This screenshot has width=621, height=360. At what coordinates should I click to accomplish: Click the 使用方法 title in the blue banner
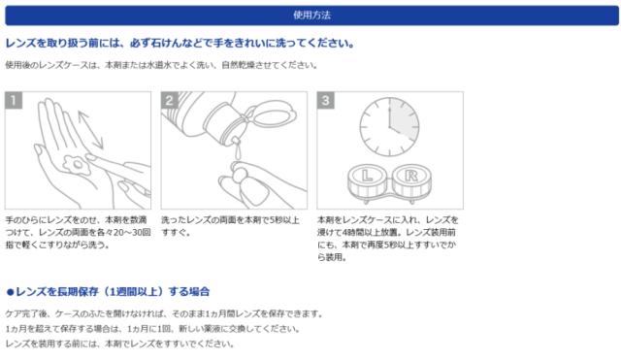(x=311, y=16)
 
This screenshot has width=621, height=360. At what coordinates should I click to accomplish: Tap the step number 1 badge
(x=14, y=100)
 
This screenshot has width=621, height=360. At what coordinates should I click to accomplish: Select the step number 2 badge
(x=170, y=100)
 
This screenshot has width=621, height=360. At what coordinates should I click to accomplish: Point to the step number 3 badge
(x=326, y=100)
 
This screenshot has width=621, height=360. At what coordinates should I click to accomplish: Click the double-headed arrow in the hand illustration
(x=90, y=130)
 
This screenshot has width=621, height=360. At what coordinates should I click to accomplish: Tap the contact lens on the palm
(x=78, y=165)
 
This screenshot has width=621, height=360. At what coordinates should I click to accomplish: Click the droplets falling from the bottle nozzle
(x=235, y=149)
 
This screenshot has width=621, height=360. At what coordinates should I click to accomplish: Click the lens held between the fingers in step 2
(x=240, y=174)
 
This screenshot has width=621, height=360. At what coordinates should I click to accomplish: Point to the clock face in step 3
(x=389, y=127)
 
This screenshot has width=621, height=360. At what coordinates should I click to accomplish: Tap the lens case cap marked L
(x=367, y=176)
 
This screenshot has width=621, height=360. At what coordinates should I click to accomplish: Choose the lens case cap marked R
(x=411, y=176)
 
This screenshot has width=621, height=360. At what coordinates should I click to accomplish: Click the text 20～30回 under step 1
(x=132, y=233)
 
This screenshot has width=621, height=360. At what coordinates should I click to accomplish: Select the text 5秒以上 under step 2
(x=284, y=220)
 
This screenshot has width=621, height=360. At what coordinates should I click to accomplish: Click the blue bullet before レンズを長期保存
(x=11, y=292)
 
